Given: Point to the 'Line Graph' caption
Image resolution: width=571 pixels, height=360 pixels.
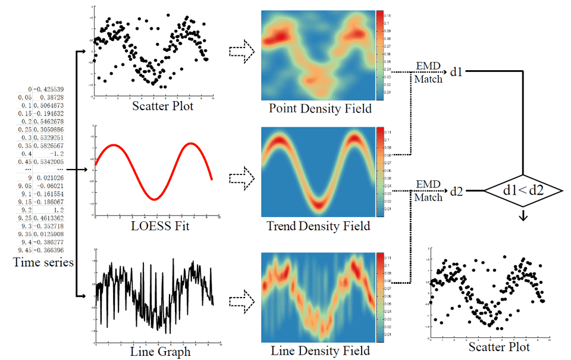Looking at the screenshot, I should (x=160, y=351).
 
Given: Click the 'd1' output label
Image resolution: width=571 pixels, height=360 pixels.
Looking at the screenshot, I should (x=456, y=72).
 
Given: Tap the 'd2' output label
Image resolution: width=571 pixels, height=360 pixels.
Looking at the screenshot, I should (x=456, y=192).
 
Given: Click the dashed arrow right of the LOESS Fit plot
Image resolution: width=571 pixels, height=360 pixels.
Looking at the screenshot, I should (x=241, y=177).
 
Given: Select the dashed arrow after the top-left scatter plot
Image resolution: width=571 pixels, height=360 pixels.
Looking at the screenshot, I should (x=241, y=52).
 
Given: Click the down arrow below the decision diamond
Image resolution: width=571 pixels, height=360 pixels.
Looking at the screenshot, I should (x=523, y=217).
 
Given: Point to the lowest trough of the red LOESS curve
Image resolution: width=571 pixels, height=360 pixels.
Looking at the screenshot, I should (x=153, y=199).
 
